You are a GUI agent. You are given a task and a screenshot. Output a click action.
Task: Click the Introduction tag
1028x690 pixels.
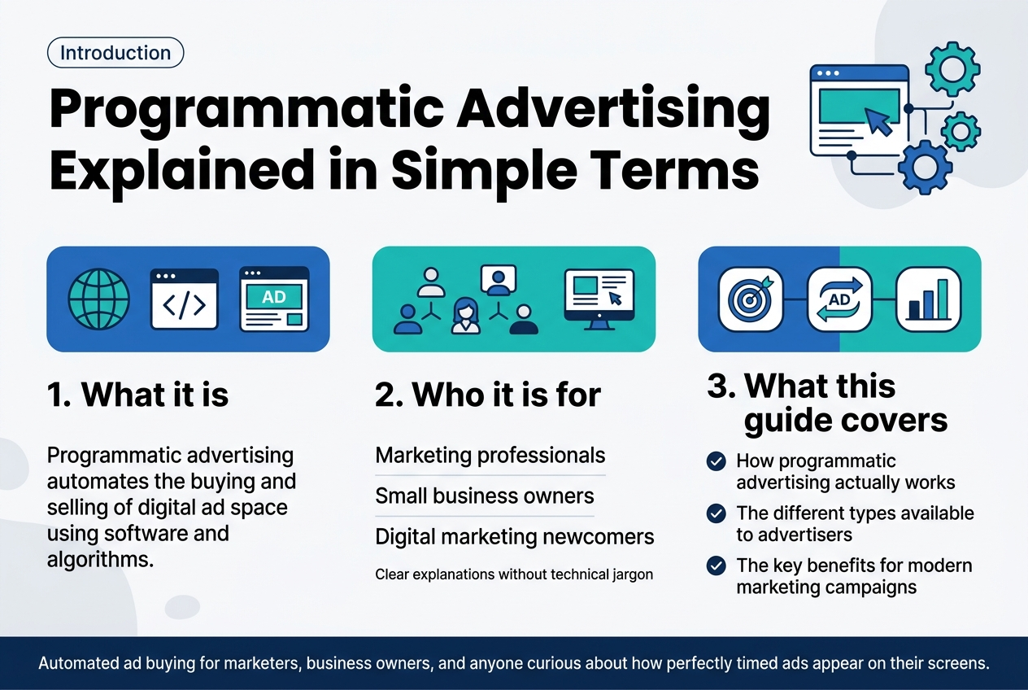115,54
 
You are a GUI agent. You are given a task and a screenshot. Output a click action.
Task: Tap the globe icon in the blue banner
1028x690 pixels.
98,299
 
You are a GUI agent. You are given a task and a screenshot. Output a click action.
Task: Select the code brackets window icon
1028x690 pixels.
185,299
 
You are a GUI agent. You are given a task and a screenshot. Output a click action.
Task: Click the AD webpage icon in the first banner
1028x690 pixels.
274,299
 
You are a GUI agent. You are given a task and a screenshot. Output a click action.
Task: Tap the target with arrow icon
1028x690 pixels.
750,299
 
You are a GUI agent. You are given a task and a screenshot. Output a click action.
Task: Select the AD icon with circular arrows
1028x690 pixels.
839,299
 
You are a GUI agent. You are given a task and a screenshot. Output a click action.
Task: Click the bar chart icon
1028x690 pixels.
928,299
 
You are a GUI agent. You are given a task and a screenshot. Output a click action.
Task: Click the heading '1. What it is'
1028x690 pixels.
137,395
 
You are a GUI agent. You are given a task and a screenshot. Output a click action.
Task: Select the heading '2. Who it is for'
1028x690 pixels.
488,395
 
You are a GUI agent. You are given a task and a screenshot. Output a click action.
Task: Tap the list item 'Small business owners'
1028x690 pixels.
485,496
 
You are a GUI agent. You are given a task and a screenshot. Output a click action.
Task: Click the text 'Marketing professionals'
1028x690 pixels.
490,456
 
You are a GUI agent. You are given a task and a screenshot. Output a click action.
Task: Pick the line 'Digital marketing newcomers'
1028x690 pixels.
515,537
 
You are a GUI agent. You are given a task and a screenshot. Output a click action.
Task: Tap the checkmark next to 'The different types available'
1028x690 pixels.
716,514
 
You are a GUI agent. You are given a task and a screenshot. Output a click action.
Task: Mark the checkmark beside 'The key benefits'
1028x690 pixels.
716,566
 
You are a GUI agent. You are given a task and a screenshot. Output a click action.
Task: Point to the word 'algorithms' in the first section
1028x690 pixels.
100,560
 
